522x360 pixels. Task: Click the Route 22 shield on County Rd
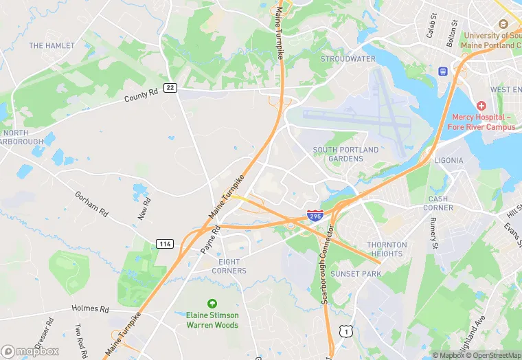pos(171,87)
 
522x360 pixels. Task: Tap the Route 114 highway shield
pos(165,244)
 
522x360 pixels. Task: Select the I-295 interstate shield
pos(315,216)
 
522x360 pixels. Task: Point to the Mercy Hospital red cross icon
pos(481,106)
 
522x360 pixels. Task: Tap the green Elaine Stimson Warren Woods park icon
pos(212,303)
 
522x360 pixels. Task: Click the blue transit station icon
pos(443,71)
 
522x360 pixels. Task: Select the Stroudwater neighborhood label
pos(348,59)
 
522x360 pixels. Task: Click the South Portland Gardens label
pos(345,154)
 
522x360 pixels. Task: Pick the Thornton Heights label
pos(387,249)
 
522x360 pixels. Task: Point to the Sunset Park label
pos(356,273)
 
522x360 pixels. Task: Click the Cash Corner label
pos(438,203)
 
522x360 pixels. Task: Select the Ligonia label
pos(449,160)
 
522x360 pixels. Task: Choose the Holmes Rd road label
pos(90,309)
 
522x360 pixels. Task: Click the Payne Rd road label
pos(209,240)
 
